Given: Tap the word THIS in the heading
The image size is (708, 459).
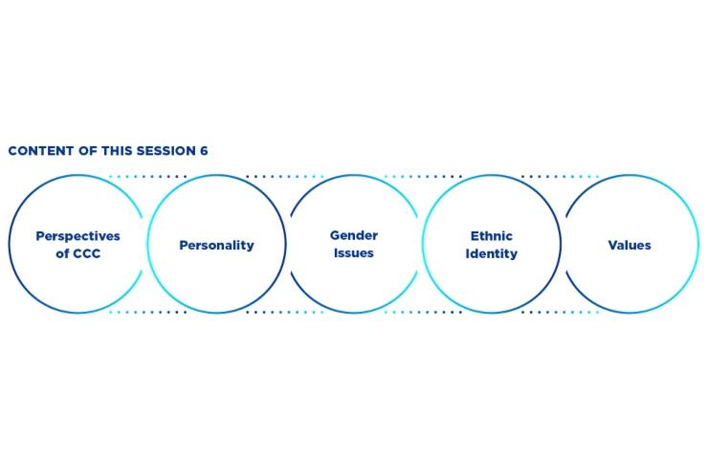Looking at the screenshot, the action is tap(117, 151).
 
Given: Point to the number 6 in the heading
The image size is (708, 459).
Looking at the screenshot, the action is tap(204, 151).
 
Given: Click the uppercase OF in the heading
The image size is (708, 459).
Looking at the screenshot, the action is tap(88, 151).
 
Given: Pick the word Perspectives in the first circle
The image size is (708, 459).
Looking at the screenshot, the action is tap(77, 236).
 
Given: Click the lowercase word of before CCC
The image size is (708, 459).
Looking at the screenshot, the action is tap(62, 253).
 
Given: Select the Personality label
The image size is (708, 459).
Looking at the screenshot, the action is tap(216, 245).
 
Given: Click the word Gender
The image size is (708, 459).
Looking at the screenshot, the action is tap(354, 235).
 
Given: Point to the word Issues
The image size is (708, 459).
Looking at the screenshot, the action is tap(354, 252).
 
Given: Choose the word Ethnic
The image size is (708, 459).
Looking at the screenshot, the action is tap(491, 235).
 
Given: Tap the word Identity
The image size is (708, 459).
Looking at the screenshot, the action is tap(491, 253).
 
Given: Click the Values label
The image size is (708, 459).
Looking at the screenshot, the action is tap(629, 245).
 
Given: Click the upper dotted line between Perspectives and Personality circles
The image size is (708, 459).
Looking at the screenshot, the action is tap(147, 177).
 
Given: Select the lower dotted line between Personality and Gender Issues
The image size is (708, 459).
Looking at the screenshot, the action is tap(285, 312).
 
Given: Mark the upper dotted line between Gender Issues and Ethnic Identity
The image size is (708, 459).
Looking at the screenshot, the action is tap(423, 177).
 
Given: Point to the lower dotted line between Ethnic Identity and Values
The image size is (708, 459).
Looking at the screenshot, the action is tap(560, 312).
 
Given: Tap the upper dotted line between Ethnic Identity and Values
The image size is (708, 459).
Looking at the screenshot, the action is tap(560, 177).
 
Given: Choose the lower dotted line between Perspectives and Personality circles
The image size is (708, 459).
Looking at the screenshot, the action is tap(147, 312).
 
